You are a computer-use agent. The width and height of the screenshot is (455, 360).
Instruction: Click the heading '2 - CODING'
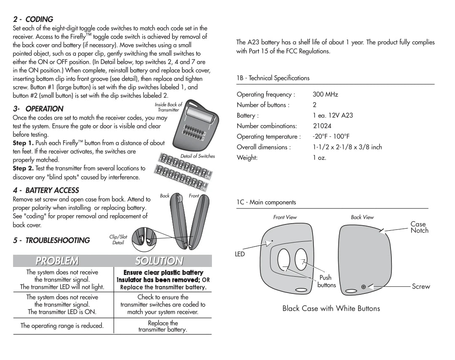pos(33,19)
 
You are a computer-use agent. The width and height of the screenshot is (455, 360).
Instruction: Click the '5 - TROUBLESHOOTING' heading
pos(51,240)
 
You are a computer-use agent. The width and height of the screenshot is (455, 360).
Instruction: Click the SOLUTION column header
pos(159,261)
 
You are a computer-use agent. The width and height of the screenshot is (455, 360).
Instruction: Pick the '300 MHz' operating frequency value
pos(325,95)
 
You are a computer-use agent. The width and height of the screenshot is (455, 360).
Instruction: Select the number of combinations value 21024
pos(322,126)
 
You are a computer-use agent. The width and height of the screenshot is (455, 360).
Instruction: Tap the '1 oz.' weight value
pos(319,158)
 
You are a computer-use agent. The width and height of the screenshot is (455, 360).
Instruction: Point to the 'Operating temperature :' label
pos(269,136)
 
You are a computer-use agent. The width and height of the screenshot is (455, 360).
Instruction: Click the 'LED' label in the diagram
pos(240,254)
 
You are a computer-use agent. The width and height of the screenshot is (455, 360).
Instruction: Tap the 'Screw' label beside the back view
pos(421,286)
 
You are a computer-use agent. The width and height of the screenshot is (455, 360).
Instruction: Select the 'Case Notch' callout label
pos(419,227)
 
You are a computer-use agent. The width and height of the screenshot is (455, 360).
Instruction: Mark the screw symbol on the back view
pos(363,287)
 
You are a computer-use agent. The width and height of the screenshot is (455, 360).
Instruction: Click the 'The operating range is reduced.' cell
pos(62,325)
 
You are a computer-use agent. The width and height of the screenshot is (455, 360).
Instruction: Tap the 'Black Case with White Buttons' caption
pos(331,309)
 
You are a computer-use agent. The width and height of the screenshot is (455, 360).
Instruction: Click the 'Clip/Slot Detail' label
pos(118,240)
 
